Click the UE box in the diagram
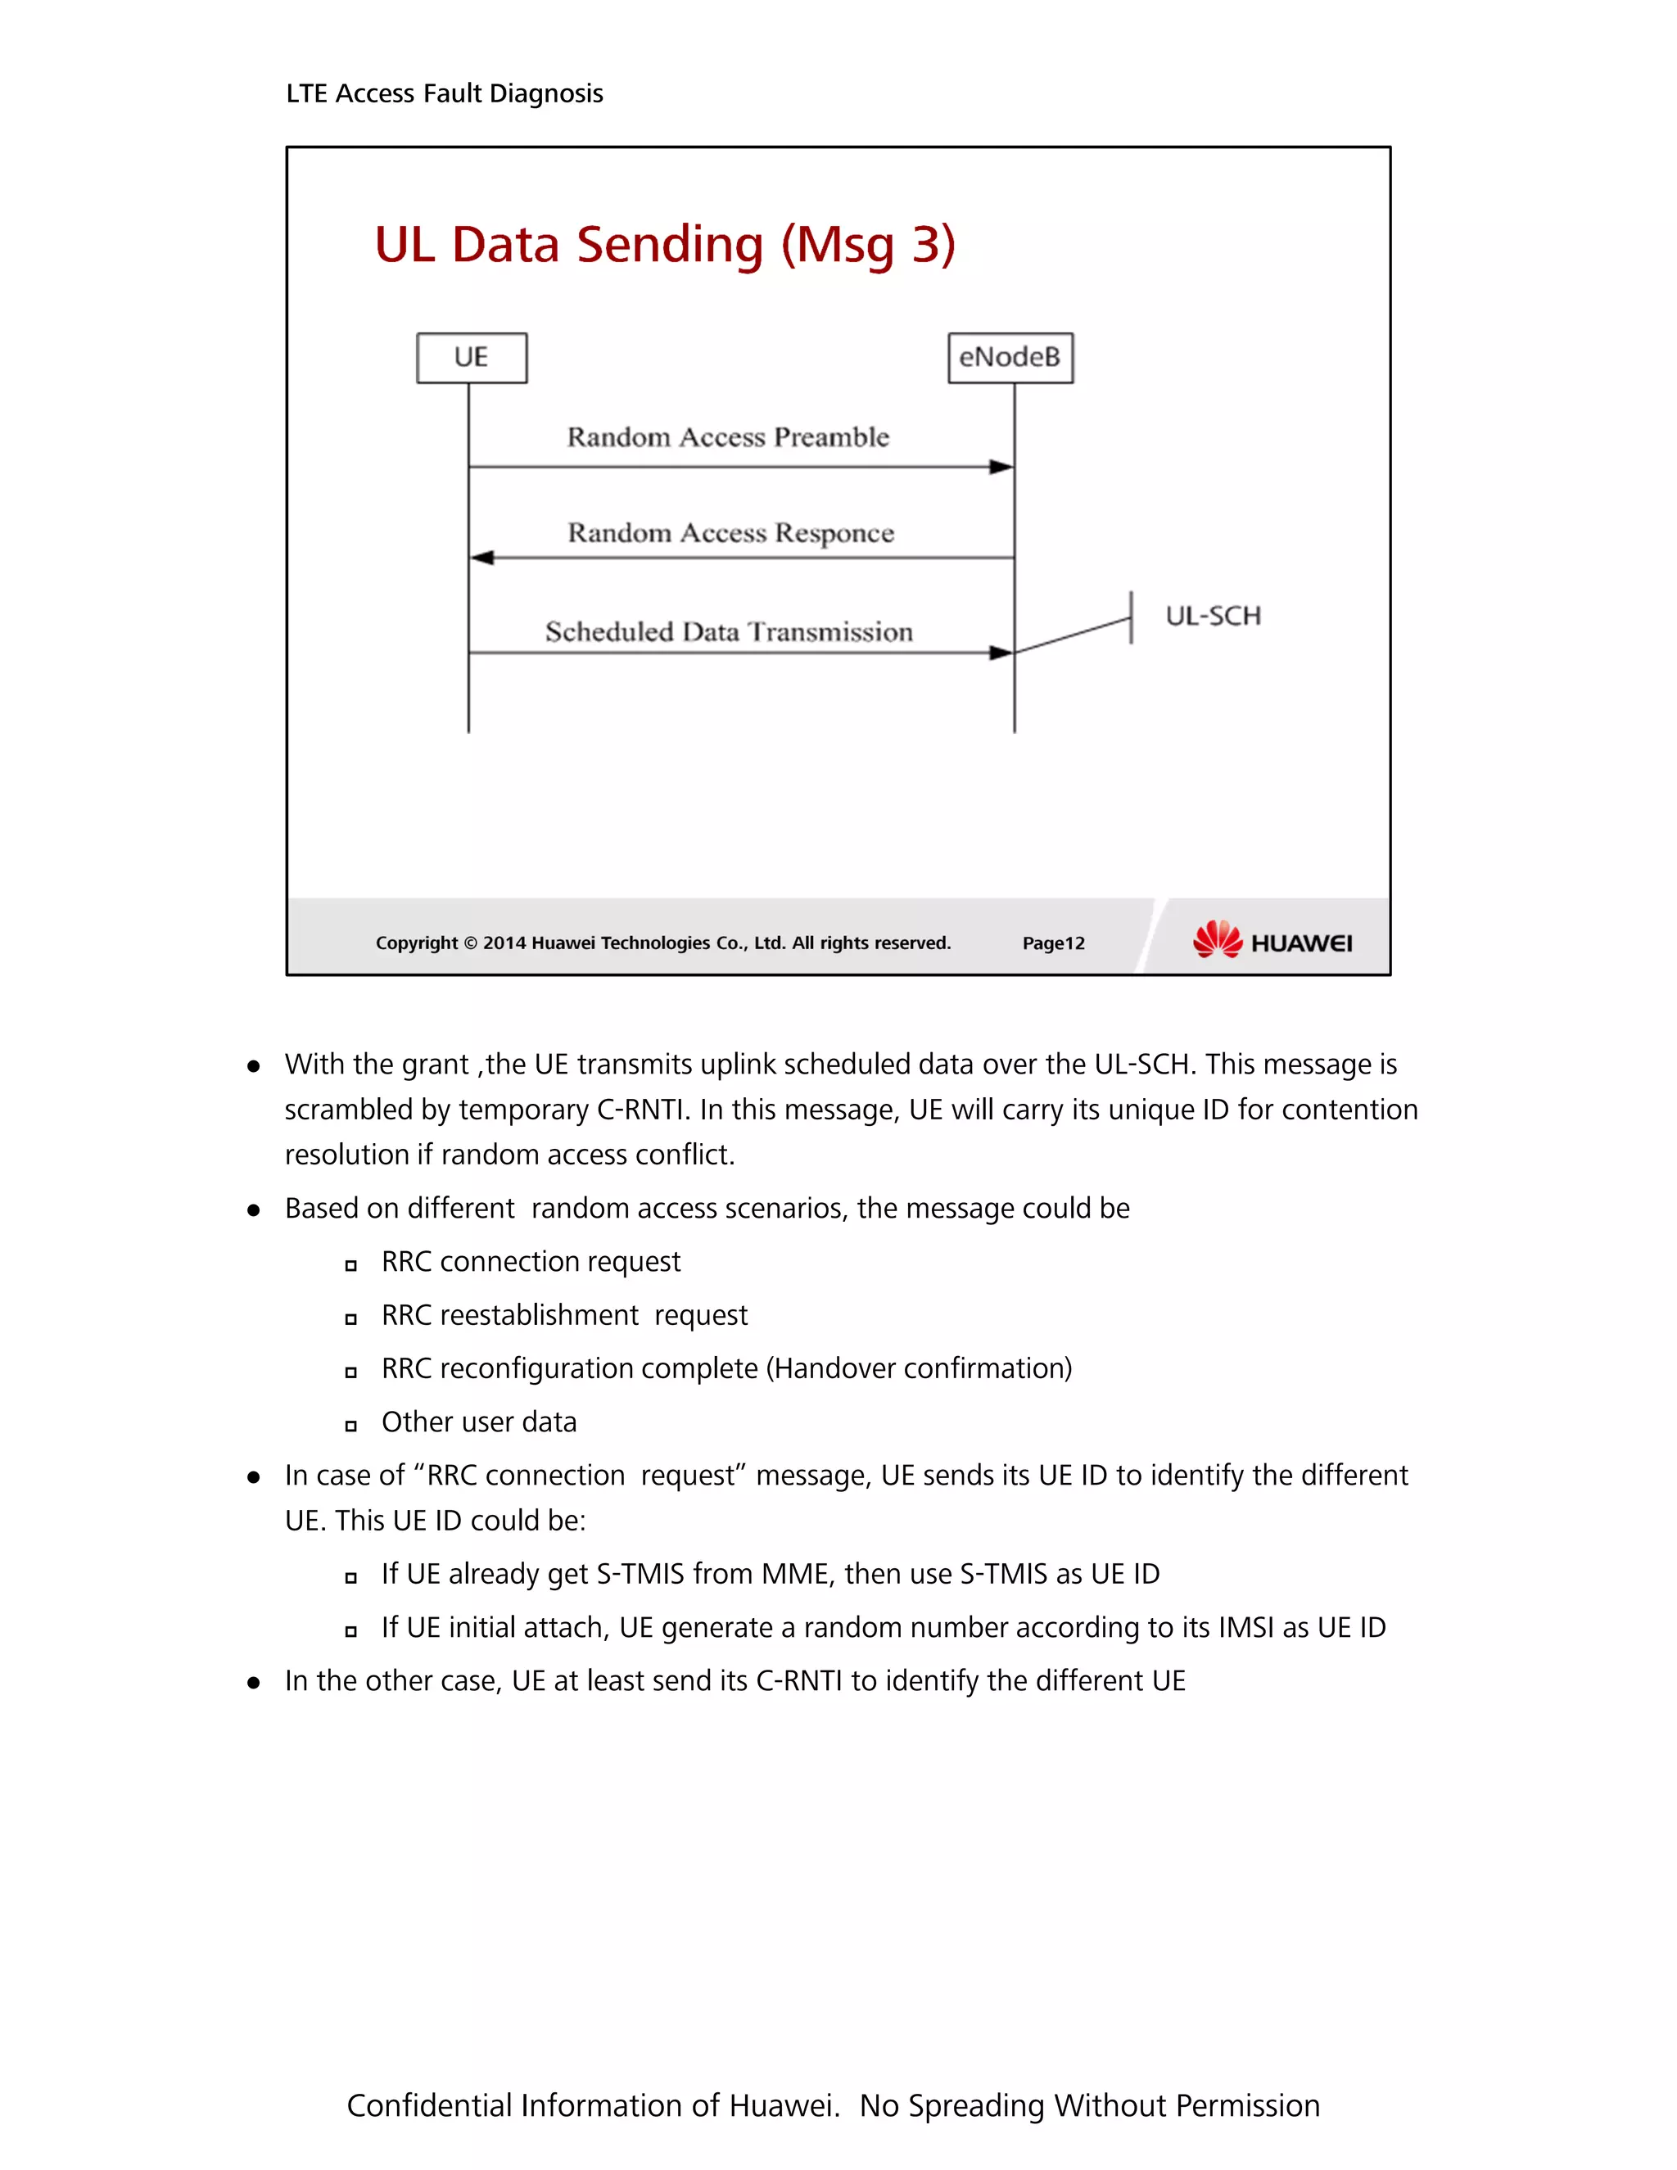tap(471, 358)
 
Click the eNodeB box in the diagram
tap(1010, 358)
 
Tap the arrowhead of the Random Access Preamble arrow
tap(1001, 467)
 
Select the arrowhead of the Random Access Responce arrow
tap(481, 558)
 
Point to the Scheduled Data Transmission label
tap(728, 632)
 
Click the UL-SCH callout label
tap(1212, 616)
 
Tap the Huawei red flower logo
tap(1217, 939)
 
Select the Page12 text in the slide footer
tap(1053, 943)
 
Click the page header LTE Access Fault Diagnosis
tap(444, 93)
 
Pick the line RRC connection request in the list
tap(531, 1262)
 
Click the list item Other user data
tap(479, 1422)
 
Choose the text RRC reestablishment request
tap(564, 1316)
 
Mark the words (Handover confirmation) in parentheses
tap(919, 1369)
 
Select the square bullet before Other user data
tap(350, 1426)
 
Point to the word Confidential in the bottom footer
tap(429, 2105)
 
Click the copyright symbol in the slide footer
tap(471, 943)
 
